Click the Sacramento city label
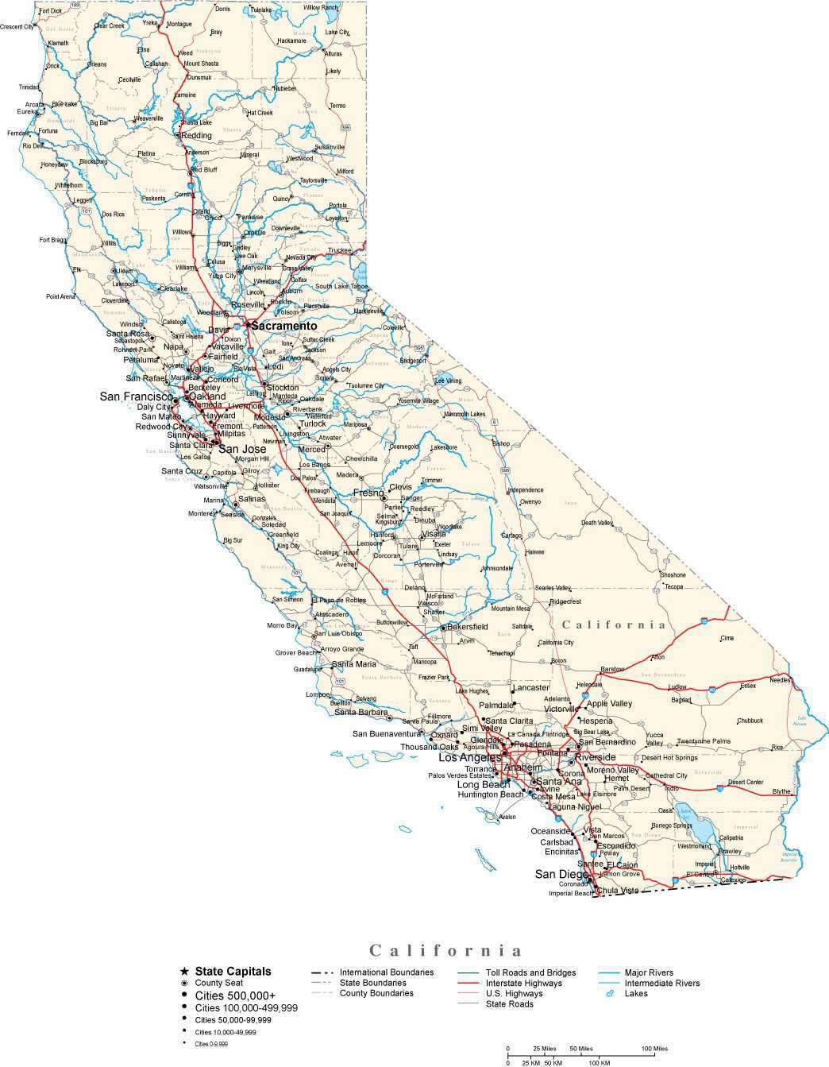[x=283, y=326]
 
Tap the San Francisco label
[x=136, y=396]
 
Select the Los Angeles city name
[x=470, y=757]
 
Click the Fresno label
[x=368, y=493]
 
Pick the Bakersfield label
[x=467, y=627]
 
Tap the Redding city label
[x=197, y=135]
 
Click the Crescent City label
[x=17, y=27]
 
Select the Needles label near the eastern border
[x=780, y=680]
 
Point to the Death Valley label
[x=596, y=523]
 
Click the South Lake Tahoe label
[x=341, y=287]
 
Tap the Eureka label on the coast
[x=27, y=112]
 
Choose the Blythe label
[x=781, y=791]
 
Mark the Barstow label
[x=613, y=669]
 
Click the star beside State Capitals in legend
[x=184, y=971]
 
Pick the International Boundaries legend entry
[x=386, y=972]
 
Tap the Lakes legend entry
[x=636, y=993]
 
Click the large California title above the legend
[x=446, y=950]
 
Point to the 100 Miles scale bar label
[x=655, y=1048]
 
